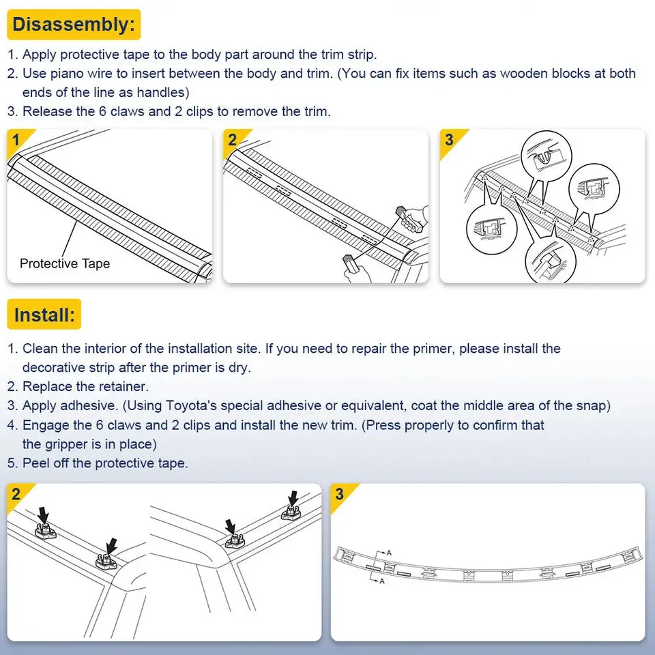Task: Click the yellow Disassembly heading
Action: (74, 25)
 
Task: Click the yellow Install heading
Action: (44, 315)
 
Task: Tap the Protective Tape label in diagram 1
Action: (65, 263)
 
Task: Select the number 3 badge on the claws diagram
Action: (449, 140)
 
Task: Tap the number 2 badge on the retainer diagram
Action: (16, 495)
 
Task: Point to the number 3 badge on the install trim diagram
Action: (340, 495)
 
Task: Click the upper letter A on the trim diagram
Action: (389, 552)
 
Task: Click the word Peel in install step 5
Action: (35, 463)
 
